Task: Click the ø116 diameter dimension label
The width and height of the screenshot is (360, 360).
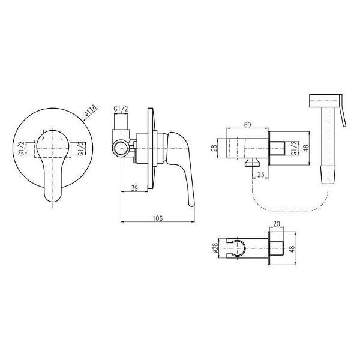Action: [x=91, y=110]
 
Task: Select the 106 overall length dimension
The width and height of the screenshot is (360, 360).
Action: [x=157, y=218]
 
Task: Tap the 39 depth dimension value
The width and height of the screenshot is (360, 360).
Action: [x=134, y=188]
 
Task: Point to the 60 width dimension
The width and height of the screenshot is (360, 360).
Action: [x=247, y=125]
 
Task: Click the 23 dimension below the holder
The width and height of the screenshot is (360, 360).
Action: [x=261, y=175]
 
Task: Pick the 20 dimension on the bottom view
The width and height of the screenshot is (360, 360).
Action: [x=277, y=224]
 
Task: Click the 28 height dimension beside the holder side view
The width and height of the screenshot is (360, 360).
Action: [x=214, y=148]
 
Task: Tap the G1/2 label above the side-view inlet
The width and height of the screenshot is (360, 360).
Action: [x=121, y=110]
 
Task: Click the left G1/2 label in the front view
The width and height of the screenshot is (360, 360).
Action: [x=22, y=149]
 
